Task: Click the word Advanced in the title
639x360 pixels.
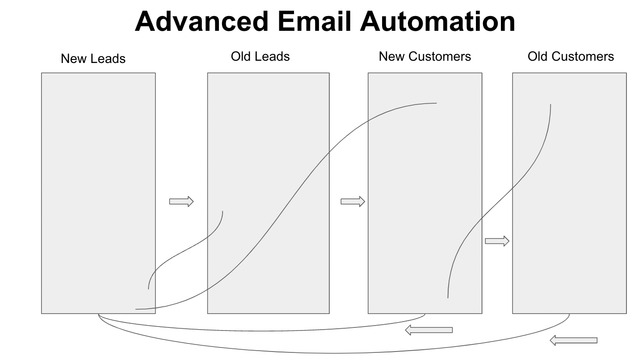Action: (202, 21)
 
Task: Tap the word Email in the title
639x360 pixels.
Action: (314, 21)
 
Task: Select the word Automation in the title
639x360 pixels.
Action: (437, 21)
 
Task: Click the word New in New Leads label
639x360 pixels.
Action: (74, 59)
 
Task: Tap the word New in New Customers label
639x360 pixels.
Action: (392, 56)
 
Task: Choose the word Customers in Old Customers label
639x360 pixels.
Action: (583, 56)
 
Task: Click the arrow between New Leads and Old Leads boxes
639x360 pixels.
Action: (181, 201)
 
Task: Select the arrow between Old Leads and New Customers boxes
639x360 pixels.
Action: (353, 201)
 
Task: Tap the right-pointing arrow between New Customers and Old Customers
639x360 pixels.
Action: (497, 241)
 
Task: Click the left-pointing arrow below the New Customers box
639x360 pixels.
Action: (429, 330)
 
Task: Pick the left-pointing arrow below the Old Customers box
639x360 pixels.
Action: (573, 340)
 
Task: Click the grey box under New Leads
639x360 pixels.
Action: (98, 193)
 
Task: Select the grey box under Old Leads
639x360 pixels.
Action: (269, 193)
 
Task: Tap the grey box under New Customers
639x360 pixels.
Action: (425, 193)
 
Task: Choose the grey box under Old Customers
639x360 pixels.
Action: (569, 193)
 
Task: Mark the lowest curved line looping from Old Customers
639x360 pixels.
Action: (334, 353)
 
